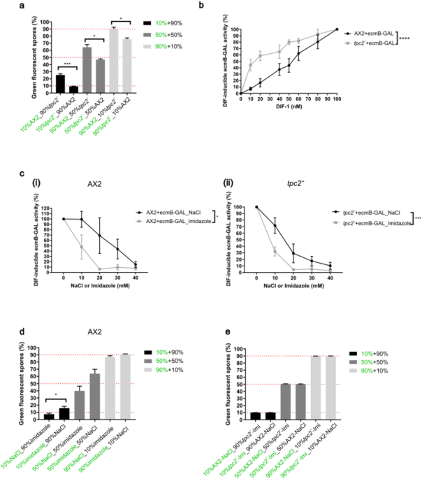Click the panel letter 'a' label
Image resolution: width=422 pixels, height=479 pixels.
pyautogui.click(x=5, y=6)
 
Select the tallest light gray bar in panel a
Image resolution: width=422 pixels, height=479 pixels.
pyautogui.click(x=114, y=61)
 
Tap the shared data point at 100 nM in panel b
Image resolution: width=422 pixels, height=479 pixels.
pyautogui.click(x=337, y=29)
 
